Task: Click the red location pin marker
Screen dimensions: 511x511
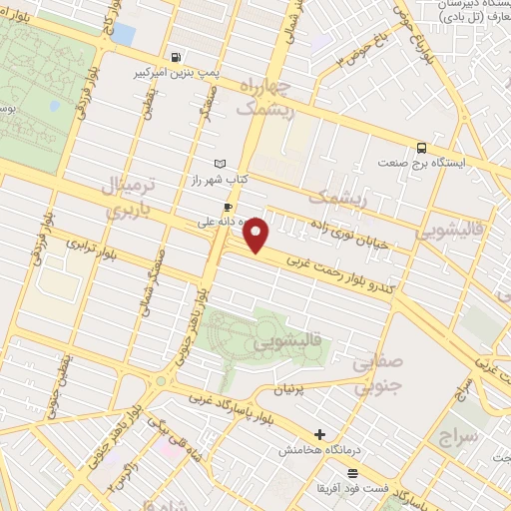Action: coord(257,236)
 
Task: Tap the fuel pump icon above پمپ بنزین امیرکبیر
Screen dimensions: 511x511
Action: coord(177,57)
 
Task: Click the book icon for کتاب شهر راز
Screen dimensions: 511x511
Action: coord(221,163)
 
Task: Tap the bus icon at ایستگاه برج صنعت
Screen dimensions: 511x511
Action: coord(421,145)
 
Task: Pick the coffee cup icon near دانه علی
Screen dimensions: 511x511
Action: coord(229,208)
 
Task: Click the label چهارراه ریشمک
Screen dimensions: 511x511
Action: coord(266,100)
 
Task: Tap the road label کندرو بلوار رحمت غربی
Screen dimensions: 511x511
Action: coord(344,271)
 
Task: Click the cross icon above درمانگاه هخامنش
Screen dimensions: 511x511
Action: coord(319,434)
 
